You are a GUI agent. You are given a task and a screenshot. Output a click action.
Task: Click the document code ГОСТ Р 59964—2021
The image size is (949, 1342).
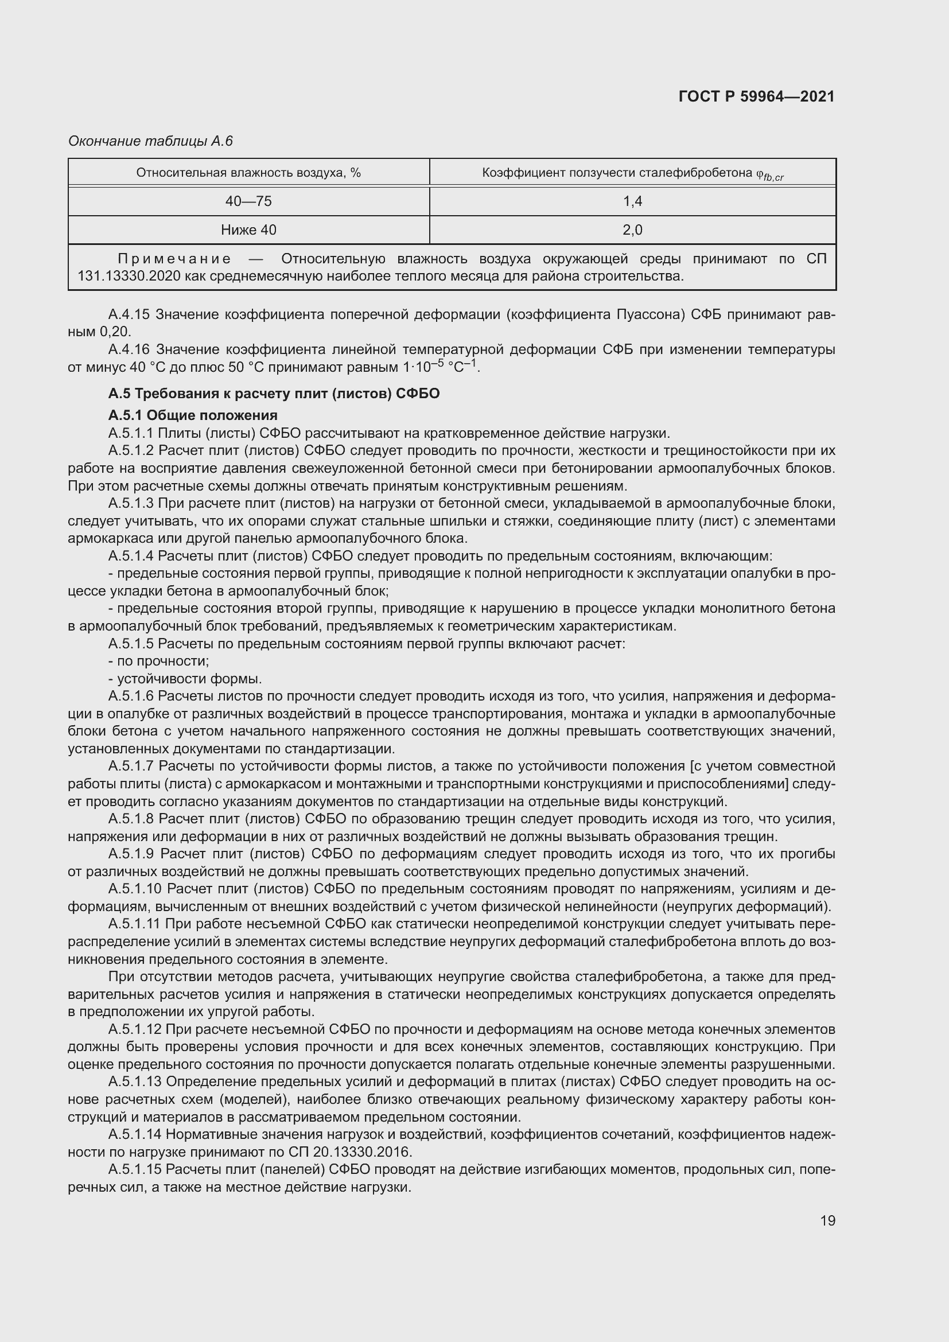[756, 96]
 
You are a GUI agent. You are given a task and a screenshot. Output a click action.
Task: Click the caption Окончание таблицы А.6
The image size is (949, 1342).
[150, 141]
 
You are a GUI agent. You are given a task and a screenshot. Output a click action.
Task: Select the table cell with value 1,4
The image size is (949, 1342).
[632, 201]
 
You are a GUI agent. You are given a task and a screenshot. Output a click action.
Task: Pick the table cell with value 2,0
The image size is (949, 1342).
[632, 230]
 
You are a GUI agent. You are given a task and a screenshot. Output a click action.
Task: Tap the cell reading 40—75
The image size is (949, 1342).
[248, 201]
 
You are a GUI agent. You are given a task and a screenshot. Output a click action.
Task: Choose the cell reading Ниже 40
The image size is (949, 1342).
[248, 230]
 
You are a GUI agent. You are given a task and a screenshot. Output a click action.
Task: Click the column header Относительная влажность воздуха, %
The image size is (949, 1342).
[248, 173]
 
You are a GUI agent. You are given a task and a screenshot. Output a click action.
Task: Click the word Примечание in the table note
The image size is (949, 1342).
[174, 259]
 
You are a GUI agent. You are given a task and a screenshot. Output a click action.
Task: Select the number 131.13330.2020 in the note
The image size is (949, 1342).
[129, 276]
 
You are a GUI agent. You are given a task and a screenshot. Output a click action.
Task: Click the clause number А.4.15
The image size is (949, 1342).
[129, 315]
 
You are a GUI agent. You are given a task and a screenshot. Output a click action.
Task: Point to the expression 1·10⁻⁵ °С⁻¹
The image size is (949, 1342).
[441, 367]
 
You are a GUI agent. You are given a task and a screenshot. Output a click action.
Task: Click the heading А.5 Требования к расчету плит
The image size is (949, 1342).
[274, 394]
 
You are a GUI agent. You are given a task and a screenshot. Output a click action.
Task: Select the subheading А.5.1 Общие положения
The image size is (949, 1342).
[193, 415]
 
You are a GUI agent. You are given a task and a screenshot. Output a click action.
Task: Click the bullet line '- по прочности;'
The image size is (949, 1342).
[158, 661]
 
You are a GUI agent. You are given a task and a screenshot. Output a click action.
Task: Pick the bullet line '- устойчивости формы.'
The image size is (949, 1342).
[185, 679]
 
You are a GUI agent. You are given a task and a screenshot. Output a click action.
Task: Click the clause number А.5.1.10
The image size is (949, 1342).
[135, 889]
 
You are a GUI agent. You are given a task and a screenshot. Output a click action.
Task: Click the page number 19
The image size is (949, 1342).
[827, 1220]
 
